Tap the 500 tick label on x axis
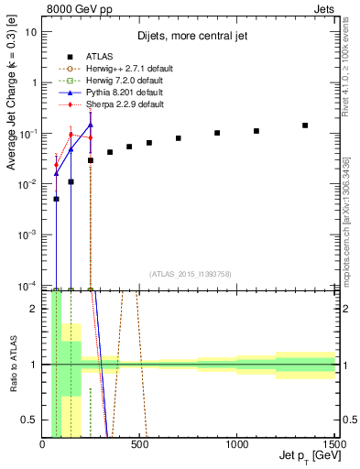click(139, 444)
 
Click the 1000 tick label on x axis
click(237, 444)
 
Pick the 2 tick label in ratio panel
click(34, 309)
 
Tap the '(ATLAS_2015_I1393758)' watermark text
click(191, 273)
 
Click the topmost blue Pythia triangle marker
click(91, 125)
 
